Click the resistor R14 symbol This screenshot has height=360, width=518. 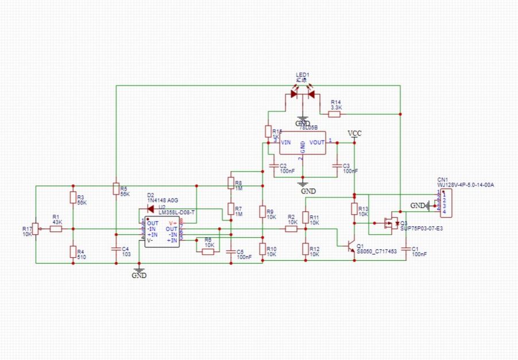point(334,114)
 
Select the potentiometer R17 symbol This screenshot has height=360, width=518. point(35,229)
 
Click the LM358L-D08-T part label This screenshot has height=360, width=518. point(177,213)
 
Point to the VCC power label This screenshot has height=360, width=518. point(355,134)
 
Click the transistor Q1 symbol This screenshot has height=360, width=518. point(350,245)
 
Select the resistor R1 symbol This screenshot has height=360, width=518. point(56,229)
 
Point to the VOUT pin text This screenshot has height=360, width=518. point(317,142)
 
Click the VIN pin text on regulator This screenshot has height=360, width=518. point(285,142)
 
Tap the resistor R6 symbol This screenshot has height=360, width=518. point(208,251)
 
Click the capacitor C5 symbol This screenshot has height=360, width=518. point(231,251)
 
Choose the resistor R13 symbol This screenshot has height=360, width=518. point(354,210)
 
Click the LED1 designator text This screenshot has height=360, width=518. point(302,75)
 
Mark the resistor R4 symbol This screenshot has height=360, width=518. point(73,251)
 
